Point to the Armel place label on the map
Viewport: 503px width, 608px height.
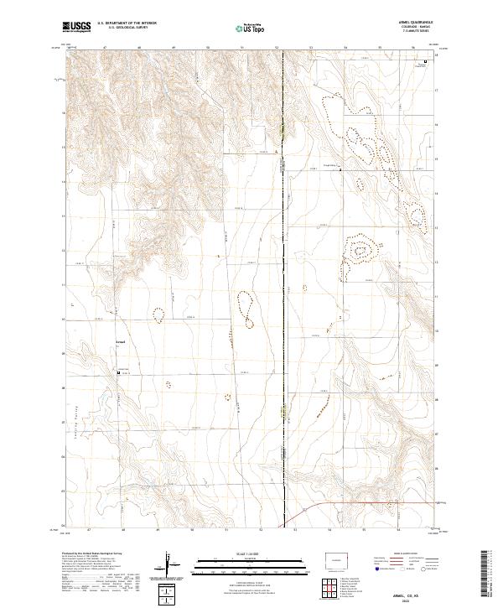point(121,343)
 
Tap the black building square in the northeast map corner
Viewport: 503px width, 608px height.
point(424,62)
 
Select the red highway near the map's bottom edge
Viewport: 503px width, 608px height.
point(369,503)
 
